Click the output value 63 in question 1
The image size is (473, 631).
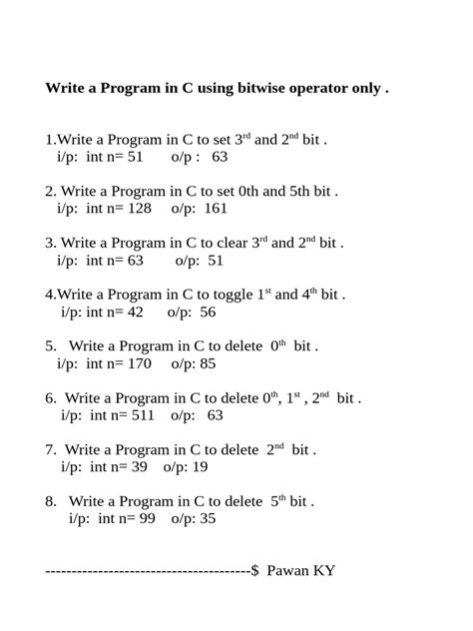click(220, 157)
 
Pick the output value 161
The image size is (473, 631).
click(216, 209)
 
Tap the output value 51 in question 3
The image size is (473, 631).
click(216, 261)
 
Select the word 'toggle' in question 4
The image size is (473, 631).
click(221, 295)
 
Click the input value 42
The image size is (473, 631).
click(134, 313)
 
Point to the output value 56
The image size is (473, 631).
click(208, 313)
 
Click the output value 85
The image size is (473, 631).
click(208, 364)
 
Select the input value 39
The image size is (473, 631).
click(138, 466)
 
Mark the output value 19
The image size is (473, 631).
click(200, 466)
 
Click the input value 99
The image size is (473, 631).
click(146, 518)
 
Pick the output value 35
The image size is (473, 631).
click(208, 518)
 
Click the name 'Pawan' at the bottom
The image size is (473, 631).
click(289, 571)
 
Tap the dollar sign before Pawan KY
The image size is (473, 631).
click(255, 571)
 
